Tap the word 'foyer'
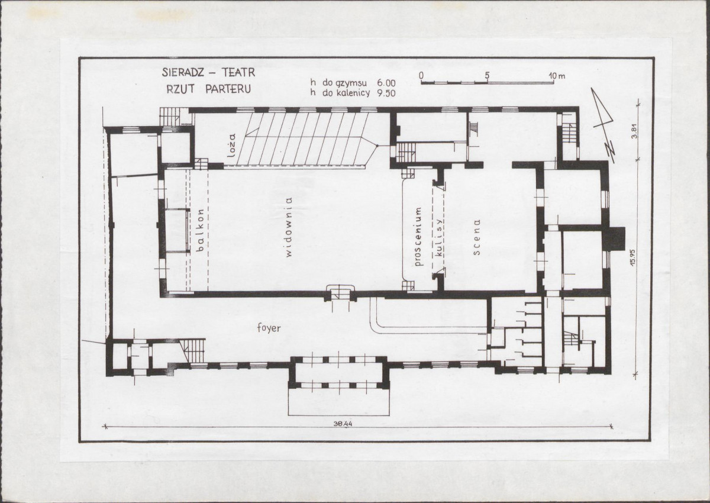[269, 328]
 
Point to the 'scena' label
[476, 237]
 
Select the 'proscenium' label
[418, 237]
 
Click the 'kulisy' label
[439, 237]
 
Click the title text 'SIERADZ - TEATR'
[208, 73]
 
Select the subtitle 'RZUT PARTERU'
[208, 89]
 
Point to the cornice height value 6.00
[386, 83]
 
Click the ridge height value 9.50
[386, 93]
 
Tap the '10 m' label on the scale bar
[557, 76]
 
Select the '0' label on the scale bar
[421, 75]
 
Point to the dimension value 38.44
[343, 425]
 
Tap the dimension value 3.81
[634, 131]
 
